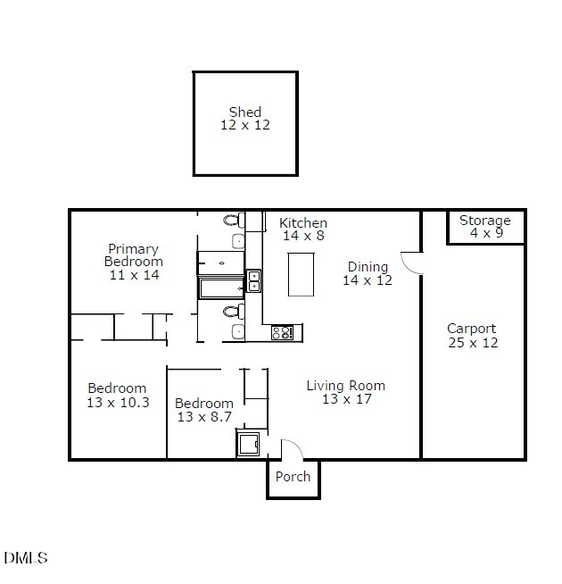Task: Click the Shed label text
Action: (245, 113)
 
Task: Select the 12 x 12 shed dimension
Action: (245, 126)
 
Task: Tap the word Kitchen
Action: (303, 223)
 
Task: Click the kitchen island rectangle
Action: (301, 274)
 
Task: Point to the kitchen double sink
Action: (253, 281)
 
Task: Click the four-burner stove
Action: (282, 332)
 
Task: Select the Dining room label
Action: (368, 267)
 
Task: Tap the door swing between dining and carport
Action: (411, 263)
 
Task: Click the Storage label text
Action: (485, 221)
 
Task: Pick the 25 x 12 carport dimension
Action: (472, 343)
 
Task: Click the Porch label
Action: (293, 477)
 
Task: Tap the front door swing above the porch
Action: (292, 448)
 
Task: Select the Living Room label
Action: (346, 386)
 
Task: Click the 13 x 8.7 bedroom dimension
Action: (204, 417)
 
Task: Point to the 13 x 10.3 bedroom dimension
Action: (118, 403)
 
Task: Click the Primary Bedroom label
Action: (134, 255)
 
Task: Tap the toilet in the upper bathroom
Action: (232, 220)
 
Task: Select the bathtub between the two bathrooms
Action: (220, 288)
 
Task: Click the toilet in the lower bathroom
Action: (232, 312)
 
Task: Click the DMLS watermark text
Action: (26, 558)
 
